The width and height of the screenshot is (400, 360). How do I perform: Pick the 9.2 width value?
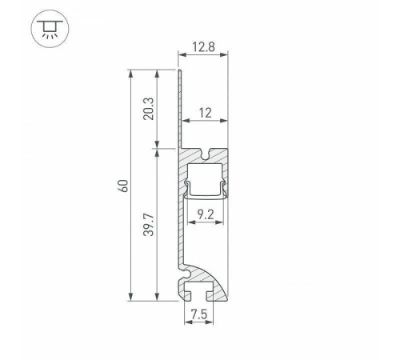(204, 214)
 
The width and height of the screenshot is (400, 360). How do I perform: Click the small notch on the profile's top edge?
(210, 153)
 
